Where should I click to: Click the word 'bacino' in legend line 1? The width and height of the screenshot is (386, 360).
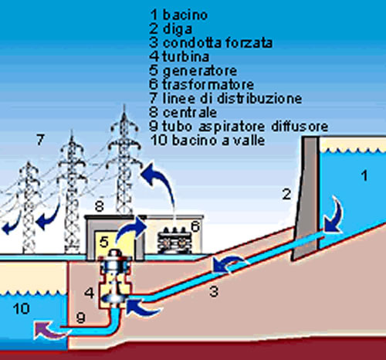[x=185, y=15]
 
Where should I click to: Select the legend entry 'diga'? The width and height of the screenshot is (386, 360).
[x=178, y=29]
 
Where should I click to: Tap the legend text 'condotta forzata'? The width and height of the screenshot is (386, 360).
[x=218, y=42]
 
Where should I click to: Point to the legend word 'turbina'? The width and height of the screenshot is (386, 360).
[x=185, y=56]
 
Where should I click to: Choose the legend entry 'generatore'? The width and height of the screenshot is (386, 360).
[x=200, y=71]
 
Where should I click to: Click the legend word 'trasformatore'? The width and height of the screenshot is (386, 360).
[x=208, y=84]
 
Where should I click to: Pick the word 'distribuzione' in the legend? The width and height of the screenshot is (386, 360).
[x=259, y=98]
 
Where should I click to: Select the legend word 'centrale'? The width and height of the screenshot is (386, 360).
[x=190, y=113]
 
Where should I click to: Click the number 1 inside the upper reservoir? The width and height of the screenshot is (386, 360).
[x=364, y=176]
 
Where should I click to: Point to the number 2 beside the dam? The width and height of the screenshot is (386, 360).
[x=286, y=194]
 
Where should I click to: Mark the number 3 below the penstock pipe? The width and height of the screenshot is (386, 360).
[x=214, y=291]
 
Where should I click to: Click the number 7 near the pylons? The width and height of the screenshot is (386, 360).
[x=40, y=140]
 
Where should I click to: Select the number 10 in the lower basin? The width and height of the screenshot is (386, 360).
[x=22, y=308]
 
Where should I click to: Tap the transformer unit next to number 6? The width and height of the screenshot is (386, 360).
[x=174, y=240]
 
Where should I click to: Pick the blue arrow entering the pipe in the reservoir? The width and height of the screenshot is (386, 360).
[x=336, y=216]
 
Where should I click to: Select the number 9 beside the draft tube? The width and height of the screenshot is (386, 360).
[x=80, y=318]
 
